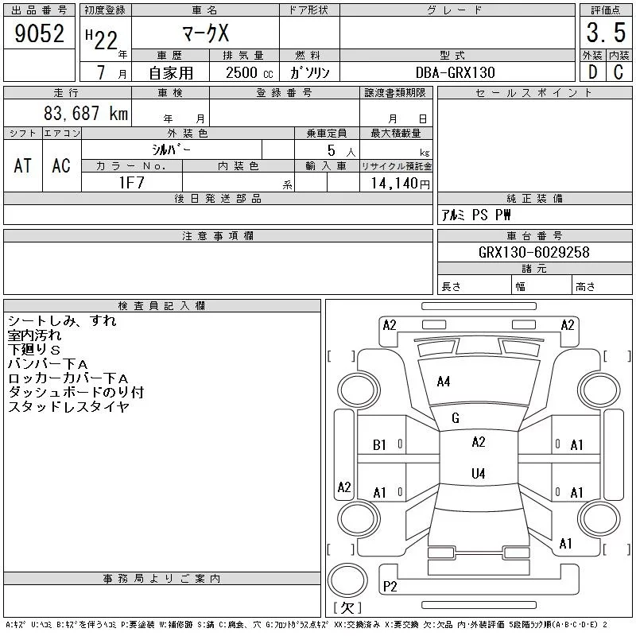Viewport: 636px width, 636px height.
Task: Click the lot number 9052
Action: click(39, 33)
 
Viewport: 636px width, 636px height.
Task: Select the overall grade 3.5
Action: click(606, 33)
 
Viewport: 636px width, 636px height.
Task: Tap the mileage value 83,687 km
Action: click(86, 113)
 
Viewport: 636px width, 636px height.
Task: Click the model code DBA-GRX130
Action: click(455, 72)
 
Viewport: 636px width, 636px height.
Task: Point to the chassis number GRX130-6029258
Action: click(533, 252)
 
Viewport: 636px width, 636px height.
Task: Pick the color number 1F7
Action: click(131, 183)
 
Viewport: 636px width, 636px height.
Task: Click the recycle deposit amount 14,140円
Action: click(401, 183)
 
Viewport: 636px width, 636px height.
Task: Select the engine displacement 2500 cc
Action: click(250, 72)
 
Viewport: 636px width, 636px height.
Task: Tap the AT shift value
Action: click(23, 165)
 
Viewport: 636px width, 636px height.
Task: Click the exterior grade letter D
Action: click(592, 72)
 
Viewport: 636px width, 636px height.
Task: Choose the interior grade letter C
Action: click(619, 72)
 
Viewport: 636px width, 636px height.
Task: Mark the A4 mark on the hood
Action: click(444, 382)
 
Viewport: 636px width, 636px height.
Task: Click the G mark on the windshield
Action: click(455, 418)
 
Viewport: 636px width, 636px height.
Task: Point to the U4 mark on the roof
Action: click(479, 473)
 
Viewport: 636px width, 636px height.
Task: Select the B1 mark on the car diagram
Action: click(379, 445)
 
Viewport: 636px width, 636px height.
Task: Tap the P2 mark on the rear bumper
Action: click(390, 586)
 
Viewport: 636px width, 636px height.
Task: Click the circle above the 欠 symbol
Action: click(347, 580)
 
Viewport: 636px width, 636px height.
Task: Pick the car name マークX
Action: click(206, 33)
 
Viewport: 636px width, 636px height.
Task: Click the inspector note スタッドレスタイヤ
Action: click(68, 406)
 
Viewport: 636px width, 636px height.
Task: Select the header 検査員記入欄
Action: click(161, 305)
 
